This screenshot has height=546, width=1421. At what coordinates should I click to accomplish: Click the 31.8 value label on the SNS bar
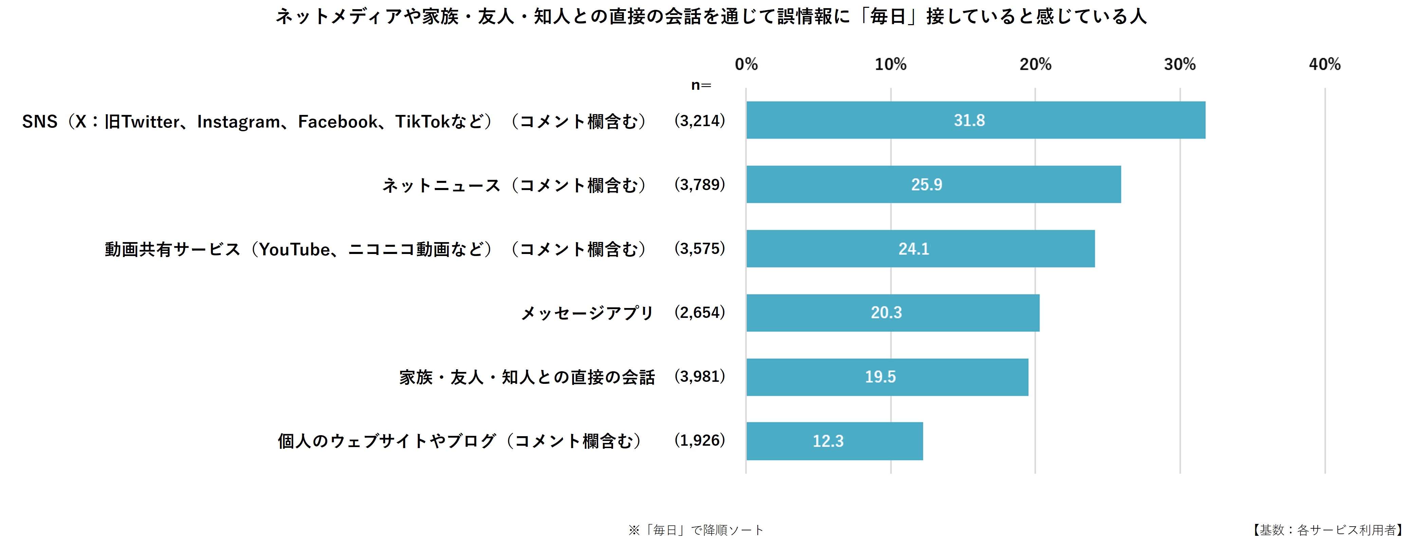pos(969,120)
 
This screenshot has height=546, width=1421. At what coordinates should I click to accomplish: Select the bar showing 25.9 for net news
pos(933,184)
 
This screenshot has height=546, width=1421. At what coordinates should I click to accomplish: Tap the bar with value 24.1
pos(920,249)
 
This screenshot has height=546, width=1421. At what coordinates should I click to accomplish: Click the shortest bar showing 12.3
pos(834,441)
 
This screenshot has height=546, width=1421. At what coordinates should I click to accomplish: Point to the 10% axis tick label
pos(890,65)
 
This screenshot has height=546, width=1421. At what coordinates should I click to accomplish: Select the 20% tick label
pos(1035,65)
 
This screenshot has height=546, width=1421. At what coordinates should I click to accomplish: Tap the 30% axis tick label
pos(1180,65)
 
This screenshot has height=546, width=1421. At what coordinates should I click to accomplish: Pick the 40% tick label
pos(1325,65)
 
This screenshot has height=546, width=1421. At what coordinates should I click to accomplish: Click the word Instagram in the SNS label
pos(238,121)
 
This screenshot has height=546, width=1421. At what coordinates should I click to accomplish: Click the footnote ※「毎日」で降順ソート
pos(696,530)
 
